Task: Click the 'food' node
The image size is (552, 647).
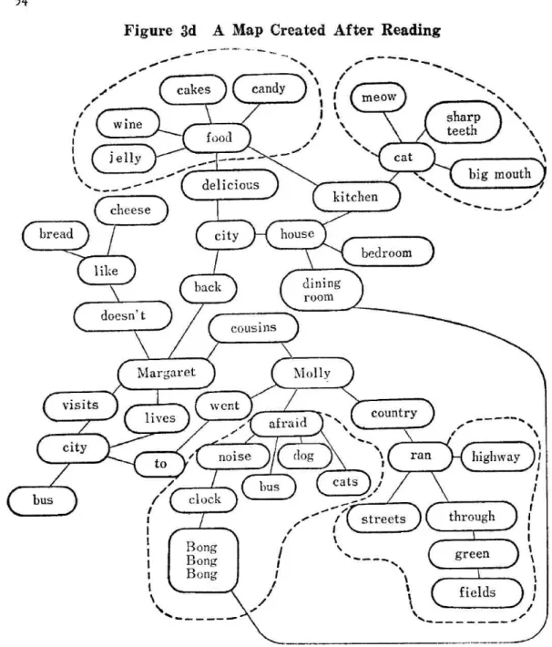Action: click(x=217, y=138)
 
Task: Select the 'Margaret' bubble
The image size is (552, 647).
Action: click(x=167, y=374)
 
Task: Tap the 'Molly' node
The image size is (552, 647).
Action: click(x=312, y=373)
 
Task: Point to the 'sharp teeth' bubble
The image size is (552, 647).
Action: click(x=463, y=122)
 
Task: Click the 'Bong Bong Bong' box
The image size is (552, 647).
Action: click(x=203, y=560)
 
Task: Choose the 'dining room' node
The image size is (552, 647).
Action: click(x=322, y=289)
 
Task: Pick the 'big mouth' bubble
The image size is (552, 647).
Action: click(x=497, y=174)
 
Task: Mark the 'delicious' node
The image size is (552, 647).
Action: click(x=230, y=185)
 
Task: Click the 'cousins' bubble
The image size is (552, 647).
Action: click(x=253, y=328)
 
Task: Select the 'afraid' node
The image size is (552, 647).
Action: click(x=287, y=424)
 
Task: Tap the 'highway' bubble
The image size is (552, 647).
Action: click(x=496, y=457)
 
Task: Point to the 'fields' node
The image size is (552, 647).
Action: click(x=477, y=592)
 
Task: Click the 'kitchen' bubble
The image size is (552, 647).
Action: click(x=356, y=197)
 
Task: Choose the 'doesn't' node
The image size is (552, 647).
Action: click(x=123, y=316)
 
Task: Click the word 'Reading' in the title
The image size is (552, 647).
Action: click(x=411, y=30)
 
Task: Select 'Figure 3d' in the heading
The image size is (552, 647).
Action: click(x=160, y=31)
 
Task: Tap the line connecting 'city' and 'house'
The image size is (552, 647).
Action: click(x=261, y=234)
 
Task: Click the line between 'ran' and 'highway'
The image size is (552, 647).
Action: click(x=456, y=457)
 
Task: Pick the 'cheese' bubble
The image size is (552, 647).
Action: click(x=131, y=211)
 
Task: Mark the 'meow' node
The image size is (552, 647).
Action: click(x=378, y=98)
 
